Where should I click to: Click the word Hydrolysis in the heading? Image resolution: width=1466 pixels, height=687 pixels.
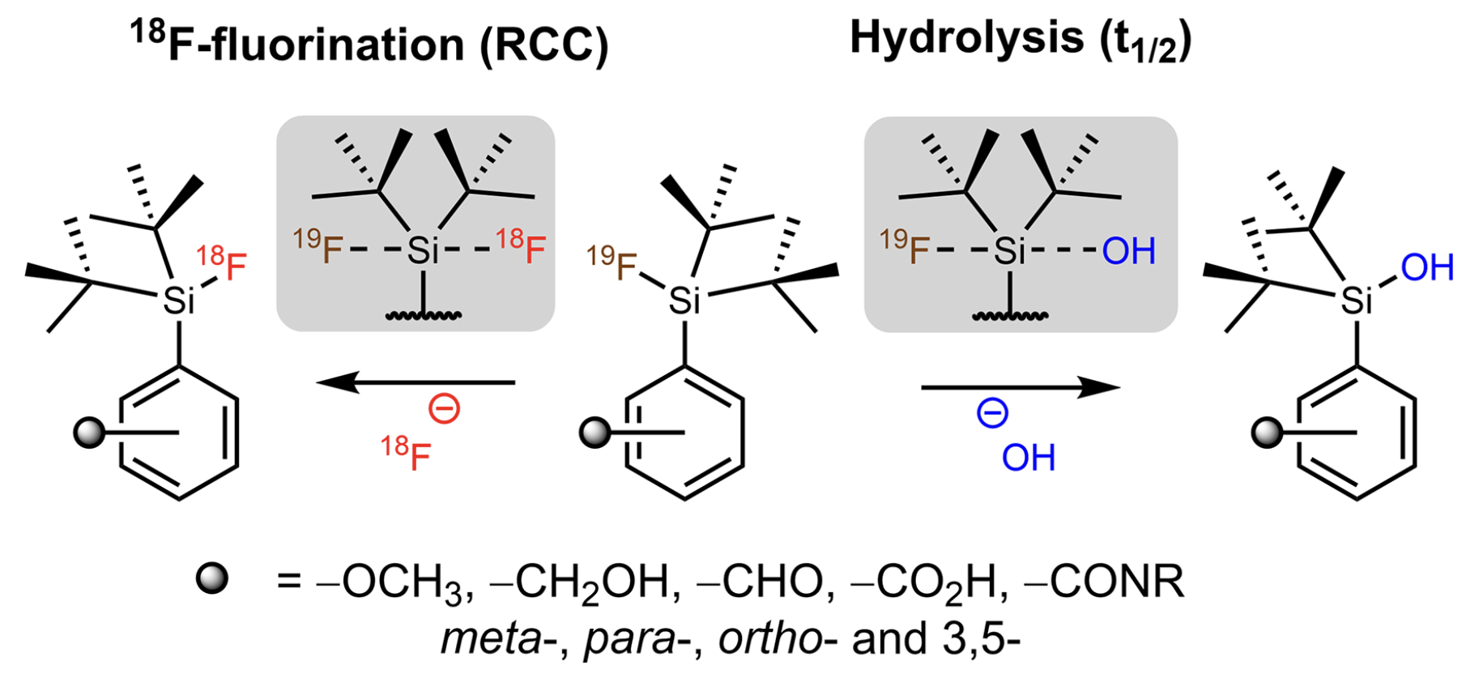966,38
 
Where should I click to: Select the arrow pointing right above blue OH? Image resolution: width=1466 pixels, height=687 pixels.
1021,388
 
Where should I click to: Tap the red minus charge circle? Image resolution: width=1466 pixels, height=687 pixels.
444,409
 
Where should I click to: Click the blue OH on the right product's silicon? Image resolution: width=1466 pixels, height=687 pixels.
1426,267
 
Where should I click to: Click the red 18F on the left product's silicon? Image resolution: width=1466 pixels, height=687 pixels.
222,264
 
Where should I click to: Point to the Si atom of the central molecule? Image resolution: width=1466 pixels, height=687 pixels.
684,301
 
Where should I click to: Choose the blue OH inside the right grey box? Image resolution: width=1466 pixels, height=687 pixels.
1128,251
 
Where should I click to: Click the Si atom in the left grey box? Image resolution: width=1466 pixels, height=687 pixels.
423,250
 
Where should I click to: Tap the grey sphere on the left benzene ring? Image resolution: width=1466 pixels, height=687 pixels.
89,433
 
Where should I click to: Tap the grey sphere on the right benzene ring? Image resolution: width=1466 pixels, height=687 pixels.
1267,433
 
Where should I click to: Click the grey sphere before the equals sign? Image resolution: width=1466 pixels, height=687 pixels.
212,579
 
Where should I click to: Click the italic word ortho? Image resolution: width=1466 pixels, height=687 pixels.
769,640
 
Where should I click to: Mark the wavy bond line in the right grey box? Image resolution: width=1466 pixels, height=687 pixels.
1010,315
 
